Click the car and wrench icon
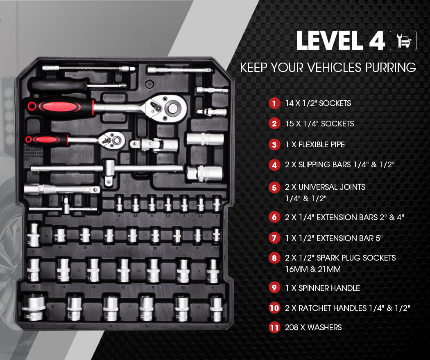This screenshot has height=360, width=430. [403, 40]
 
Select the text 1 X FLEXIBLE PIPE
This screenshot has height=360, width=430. [315, 144]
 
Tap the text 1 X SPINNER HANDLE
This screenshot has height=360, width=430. [322, 288]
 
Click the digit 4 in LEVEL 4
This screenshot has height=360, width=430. [373, 41]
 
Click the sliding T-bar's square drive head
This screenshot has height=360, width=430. [109, 169]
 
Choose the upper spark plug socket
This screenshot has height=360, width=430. [205, 139]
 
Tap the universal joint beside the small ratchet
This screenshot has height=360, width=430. [154, 145]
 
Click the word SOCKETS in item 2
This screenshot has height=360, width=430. [337, 124]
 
